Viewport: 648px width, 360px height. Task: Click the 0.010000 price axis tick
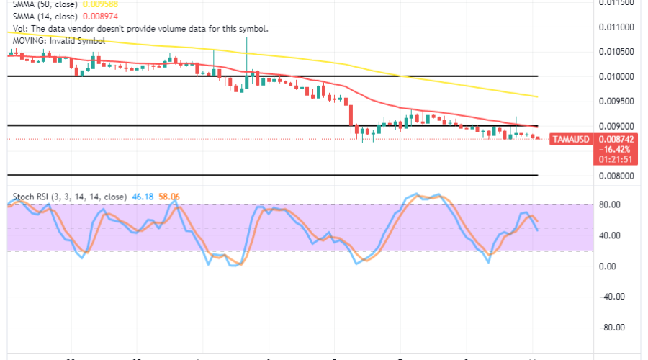coord(615,76)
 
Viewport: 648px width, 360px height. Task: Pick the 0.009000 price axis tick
coord(615,125)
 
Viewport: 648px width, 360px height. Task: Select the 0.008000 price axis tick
coord(615,175)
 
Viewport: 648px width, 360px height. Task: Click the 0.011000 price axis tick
coord(615,27)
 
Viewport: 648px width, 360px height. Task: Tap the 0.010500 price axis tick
coord(615,51)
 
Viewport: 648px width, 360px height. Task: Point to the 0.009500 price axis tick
coord(615,101)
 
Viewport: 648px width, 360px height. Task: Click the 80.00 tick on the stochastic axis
coord(611,204)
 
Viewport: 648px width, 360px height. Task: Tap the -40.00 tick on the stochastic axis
coord(611,297)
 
